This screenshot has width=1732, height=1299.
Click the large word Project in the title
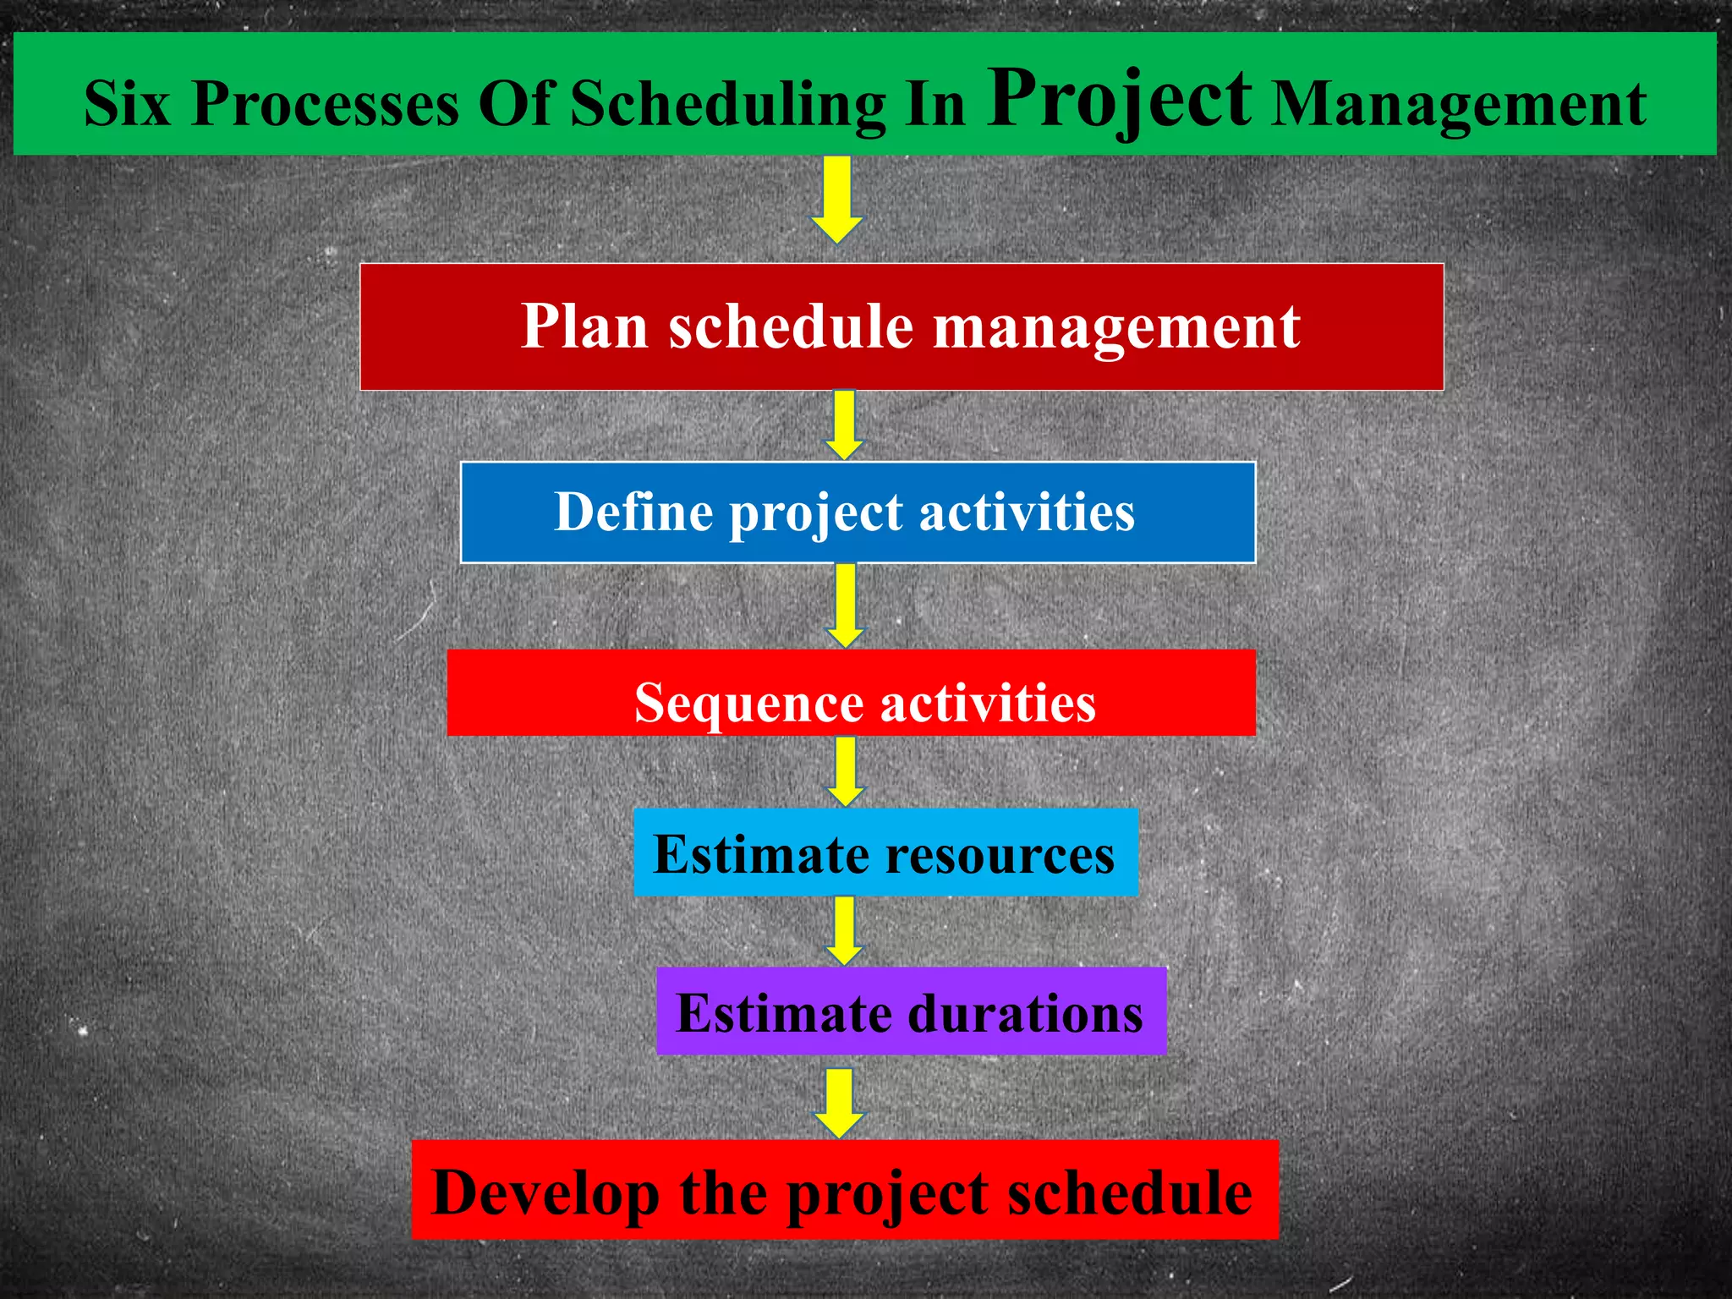tap(1119, 100)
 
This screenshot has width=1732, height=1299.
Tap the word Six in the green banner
tap(127, 104)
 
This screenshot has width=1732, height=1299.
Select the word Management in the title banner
tap(1459, 104)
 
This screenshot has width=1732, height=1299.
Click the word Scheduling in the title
tap(727, 104)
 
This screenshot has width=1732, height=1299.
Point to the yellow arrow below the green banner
tap(836, 200)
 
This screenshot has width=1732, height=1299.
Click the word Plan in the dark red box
tap(584, 326)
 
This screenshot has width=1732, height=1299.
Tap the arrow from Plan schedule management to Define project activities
tap(844, 425)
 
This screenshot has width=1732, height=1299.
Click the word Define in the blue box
tap(633, 512)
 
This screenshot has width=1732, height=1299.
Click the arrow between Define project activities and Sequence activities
tap(845, 606)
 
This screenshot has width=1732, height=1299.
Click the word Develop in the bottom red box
tap(545, 1193)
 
